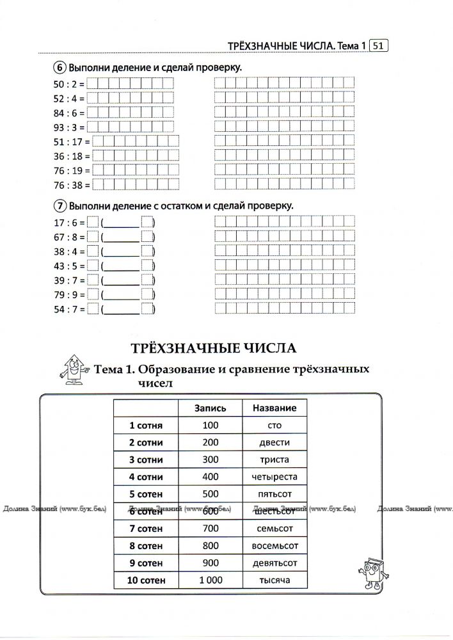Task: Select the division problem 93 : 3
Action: [65, 127]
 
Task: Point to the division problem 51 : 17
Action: [68, 141]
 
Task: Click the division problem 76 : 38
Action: [68, 185]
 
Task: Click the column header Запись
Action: [211, 408]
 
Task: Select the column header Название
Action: [274, 408]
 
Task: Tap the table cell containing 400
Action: [211, 477]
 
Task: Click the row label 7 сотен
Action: [147, 529]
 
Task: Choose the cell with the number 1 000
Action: [211, 580]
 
